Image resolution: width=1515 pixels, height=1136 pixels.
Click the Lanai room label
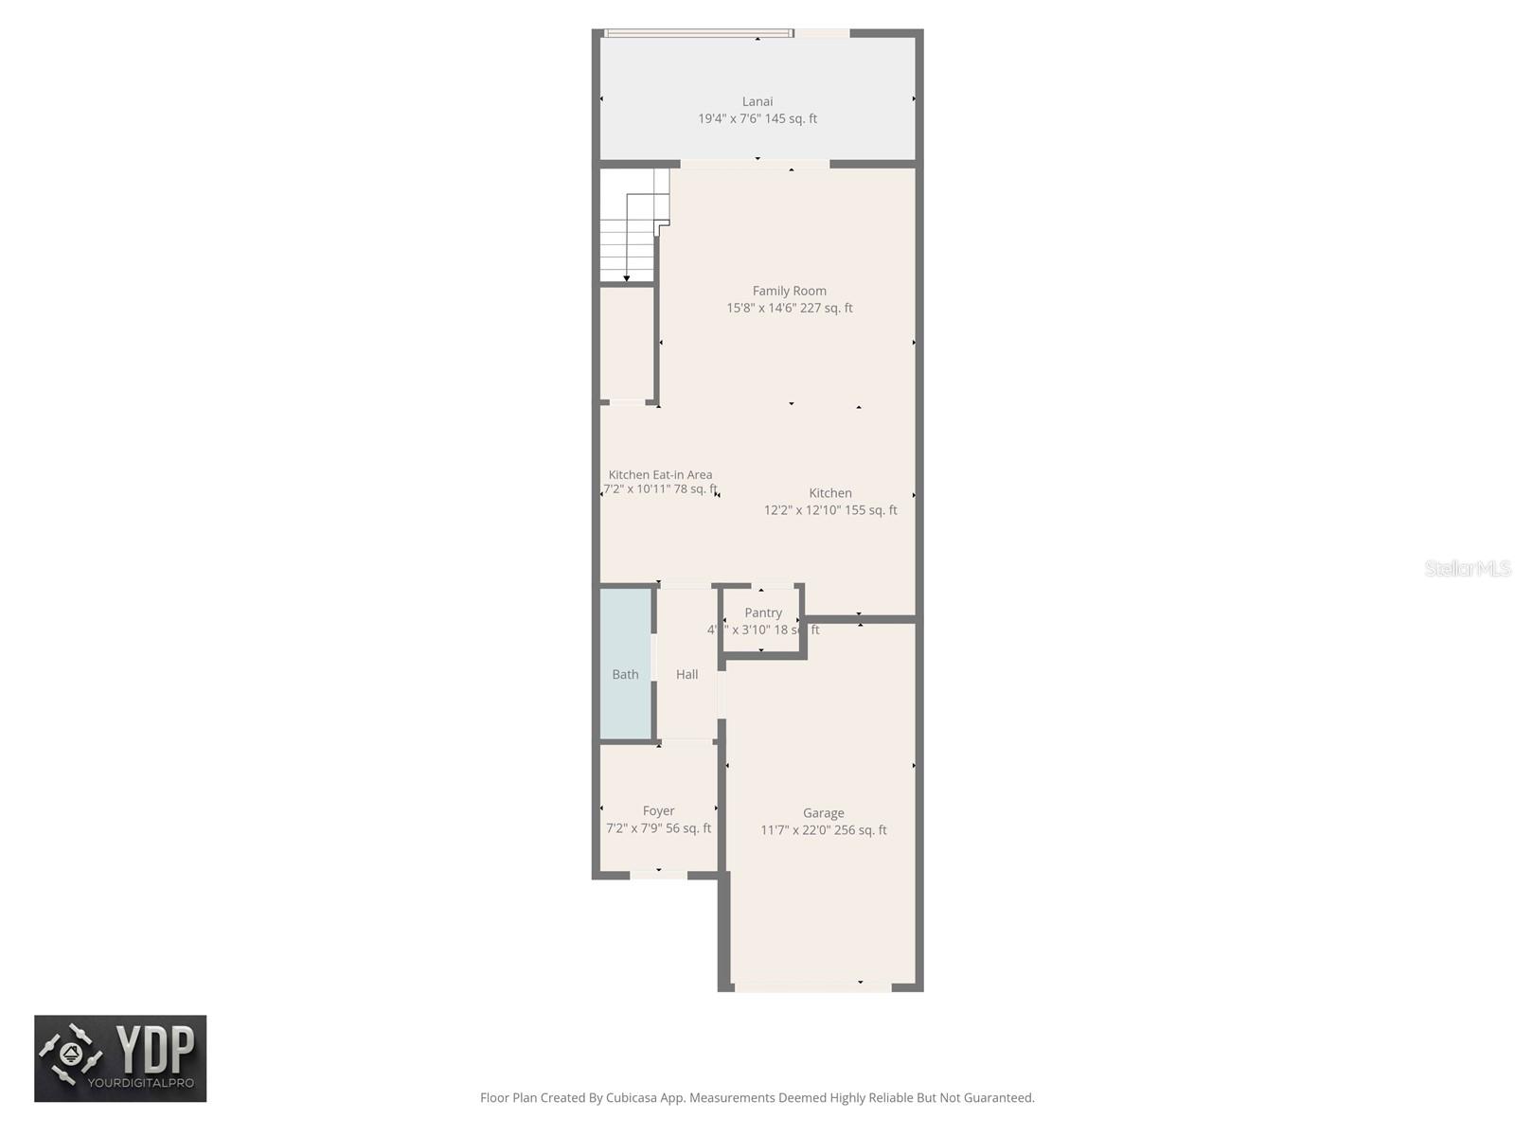coord(757,101)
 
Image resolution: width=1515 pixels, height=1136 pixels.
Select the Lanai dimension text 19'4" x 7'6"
coord(730,119)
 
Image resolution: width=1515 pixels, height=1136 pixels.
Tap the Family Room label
coord(789,291)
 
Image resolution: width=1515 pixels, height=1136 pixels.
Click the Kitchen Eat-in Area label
coord(660,475)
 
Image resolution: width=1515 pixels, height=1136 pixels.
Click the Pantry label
coord(763,613)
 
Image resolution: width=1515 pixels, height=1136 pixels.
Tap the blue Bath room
coord(625,663)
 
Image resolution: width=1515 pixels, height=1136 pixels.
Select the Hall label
coord(686,675)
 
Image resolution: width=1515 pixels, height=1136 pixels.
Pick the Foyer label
coord(658,811)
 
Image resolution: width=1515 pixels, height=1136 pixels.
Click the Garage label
coord(823,813)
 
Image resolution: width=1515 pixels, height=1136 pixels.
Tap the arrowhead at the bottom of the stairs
coord(627,278)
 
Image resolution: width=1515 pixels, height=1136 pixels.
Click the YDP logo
coord(120,1058)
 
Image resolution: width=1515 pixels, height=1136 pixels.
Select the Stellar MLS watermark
coord(1467,568)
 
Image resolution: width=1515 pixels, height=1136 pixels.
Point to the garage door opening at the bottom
coord(812,986)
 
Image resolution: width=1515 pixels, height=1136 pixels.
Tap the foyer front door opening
coord(658,875)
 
